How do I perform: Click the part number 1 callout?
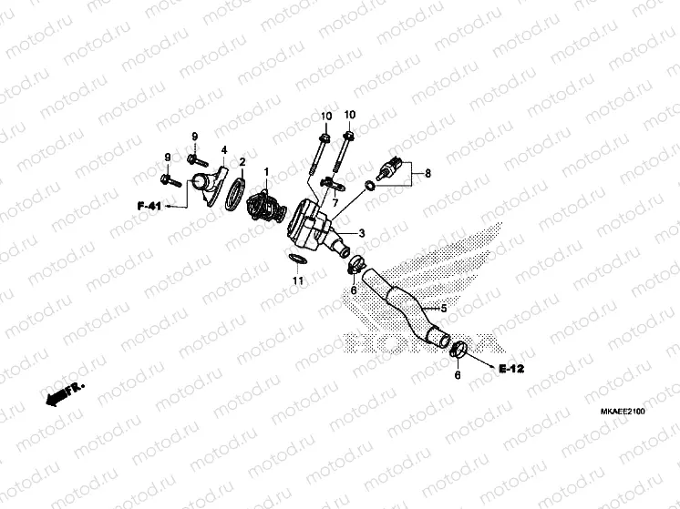(266, 171)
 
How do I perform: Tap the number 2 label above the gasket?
(242, 162)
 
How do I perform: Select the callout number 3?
(361, 233)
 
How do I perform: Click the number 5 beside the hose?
(444, 309)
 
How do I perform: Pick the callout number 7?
(335, 200)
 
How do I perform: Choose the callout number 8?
(428, 171)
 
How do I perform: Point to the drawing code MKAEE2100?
(623, 413)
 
